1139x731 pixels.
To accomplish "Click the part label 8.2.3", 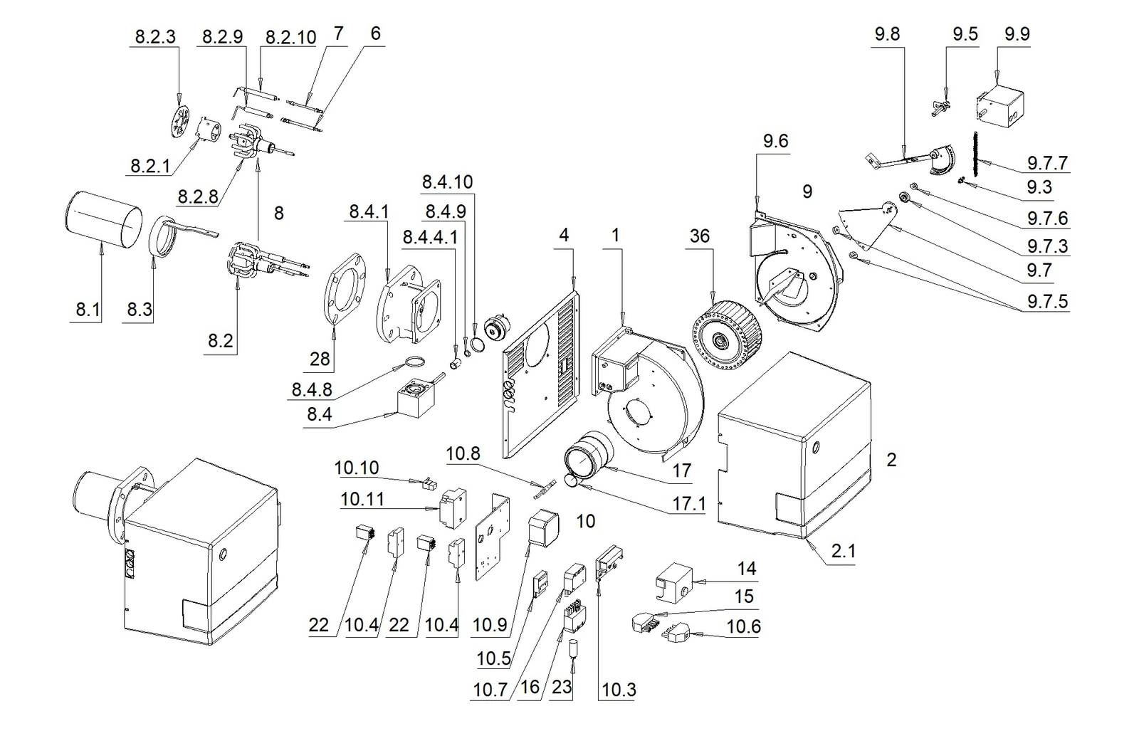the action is (x=155, y=37).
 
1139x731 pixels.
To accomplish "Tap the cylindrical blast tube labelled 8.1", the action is (x=103, y=220).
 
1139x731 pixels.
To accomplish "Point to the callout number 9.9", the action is (x=1017, y=34).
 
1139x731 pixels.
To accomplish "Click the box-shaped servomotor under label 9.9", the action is (x=999, y=109).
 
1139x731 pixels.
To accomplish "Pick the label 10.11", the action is (x=362, y=499).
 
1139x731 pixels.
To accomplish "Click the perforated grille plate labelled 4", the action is (x=540, y=374).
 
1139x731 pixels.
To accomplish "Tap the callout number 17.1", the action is (x=689, y=504).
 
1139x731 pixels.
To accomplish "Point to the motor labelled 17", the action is (x=589, y=455).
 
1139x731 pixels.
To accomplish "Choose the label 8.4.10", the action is (x=448, y=182).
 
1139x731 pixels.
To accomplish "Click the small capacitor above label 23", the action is (x=574, y=648).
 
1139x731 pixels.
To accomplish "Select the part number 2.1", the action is (x=844, y=550).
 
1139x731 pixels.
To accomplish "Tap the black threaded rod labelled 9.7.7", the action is (x=975, y=161).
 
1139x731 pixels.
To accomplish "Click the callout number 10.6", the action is (x=743, y=626).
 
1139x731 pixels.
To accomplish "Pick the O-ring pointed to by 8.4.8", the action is (x=415, y=362).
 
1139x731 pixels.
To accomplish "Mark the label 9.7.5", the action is (x=1047, y=302).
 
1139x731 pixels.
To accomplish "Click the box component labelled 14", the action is (x=674, y=582).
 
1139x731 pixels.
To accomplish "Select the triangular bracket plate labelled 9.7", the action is (x=868, y=227).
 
